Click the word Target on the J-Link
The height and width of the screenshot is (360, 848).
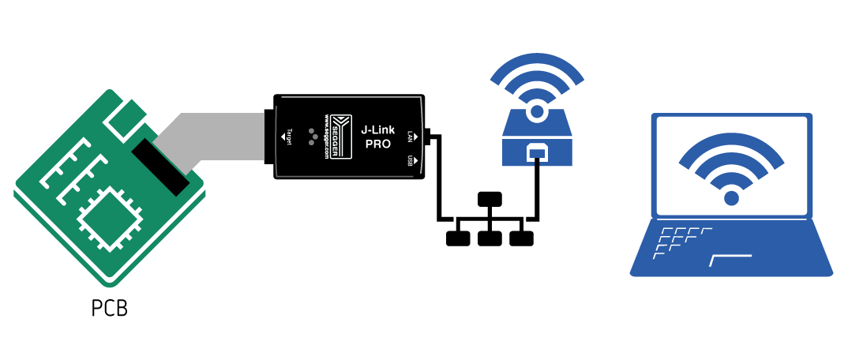290,137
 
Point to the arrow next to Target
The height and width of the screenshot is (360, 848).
283,137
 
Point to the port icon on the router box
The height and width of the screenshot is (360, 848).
537,152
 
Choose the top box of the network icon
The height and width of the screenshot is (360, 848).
490,199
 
